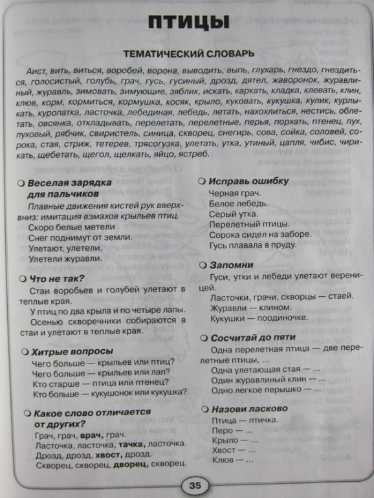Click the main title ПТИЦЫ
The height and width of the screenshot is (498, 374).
[188, 24]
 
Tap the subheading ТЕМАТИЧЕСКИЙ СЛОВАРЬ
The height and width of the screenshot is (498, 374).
[188, 53]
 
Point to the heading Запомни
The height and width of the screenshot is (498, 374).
[231, 265]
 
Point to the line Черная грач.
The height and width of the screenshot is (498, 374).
[234, 193]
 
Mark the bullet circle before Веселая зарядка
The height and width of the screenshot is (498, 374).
[21, 183]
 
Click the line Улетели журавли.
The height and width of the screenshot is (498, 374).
[65, 258]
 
